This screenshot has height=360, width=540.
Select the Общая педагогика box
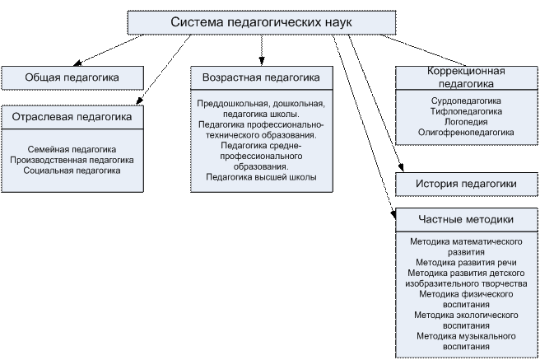point(72,77)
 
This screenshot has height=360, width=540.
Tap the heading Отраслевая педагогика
point(72,118)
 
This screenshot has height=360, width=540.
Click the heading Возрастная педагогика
point(261,77)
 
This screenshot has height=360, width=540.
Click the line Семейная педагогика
point(72,149)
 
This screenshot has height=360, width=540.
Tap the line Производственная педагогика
point(72,160)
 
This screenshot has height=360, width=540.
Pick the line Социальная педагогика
point(72,171)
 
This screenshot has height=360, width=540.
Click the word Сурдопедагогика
point(466,101)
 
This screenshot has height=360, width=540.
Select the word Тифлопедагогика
point(466,111)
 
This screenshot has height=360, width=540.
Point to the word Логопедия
point(466,121)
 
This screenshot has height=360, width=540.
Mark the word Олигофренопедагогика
point(466,132)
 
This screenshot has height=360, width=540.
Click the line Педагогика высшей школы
point(261,177)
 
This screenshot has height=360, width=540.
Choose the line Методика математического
point(466,241)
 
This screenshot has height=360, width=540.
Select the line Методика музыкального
point(466,336)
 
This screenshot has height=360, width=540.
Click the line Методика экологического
point(466,316)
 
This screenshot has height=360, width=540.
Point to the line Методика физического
point(466,294)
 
